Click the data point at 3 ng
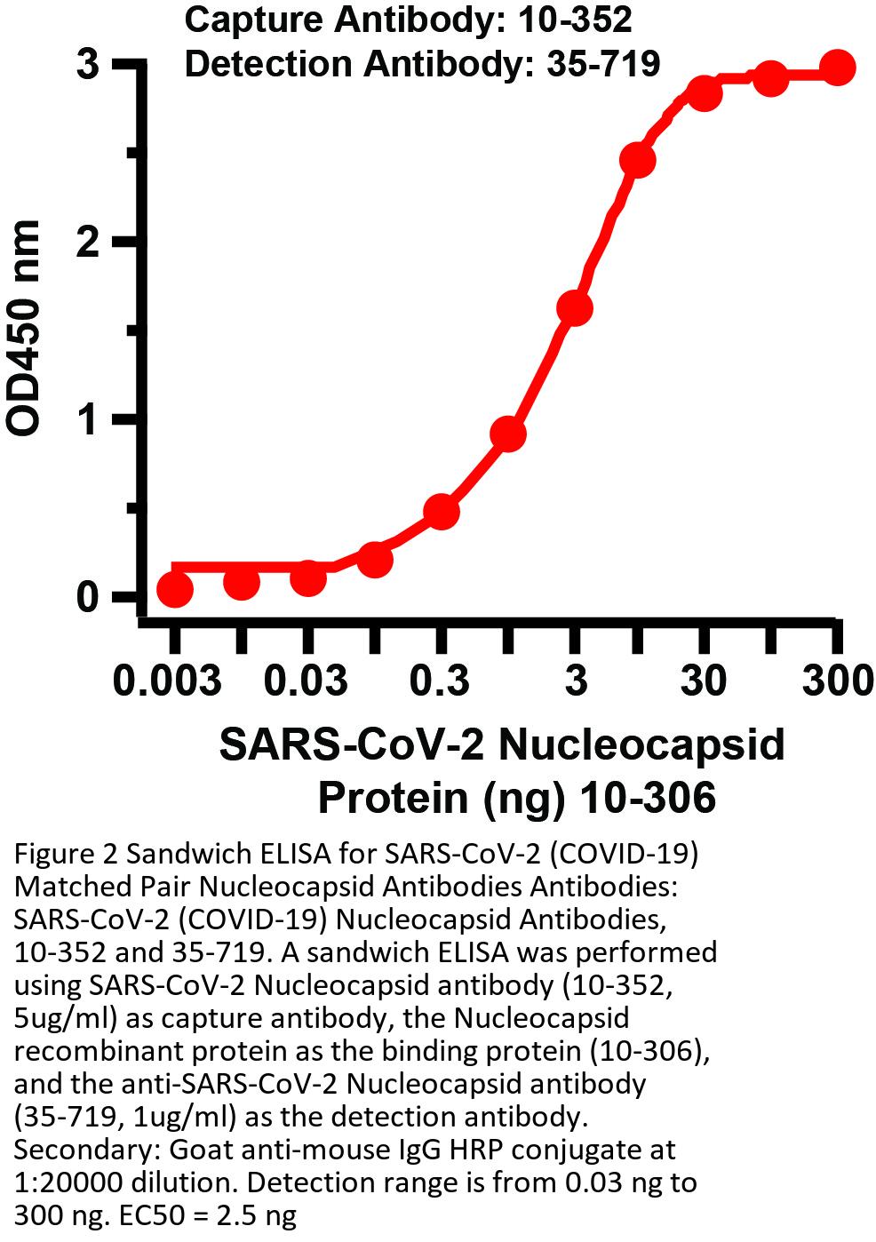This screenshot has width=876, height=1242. pyautogui.click(x=574, y=308)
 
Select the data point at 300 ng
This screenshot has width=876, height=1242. pyautogui.click(x=836, y=68)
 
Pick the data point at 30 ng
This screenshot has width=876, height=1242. pyautogui.click(x=705, y=92)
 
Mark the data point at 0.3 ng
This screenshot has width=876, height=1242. pyautogui.click(x=442, y=512)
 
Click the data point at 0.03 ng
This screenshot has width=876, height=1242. pyautogui.click(x=307, y=578)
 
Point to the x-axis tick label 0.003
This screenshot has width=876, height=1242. pyautogui.click(x=167, y=682)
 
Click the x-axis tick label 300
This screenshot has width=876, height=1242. pyautogui.click(x=836, y=682)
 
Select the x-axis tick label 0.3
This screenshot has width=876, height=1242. pyautogui.click(x=442, y=682)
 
